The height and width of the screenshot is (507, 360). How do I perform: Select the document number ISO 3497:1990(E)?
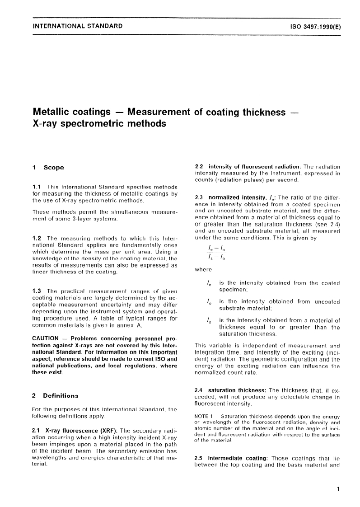point(313,26)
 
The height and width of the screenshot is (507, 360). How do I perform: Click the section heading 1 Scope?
point(48,168)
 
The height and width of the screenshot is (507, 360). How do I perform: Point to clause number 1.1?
point(37,187)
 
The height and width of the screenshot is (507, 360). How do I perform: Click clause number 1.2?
point(37,238)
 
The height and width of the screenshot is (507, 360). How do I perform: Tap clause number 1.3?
point(37,290)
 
